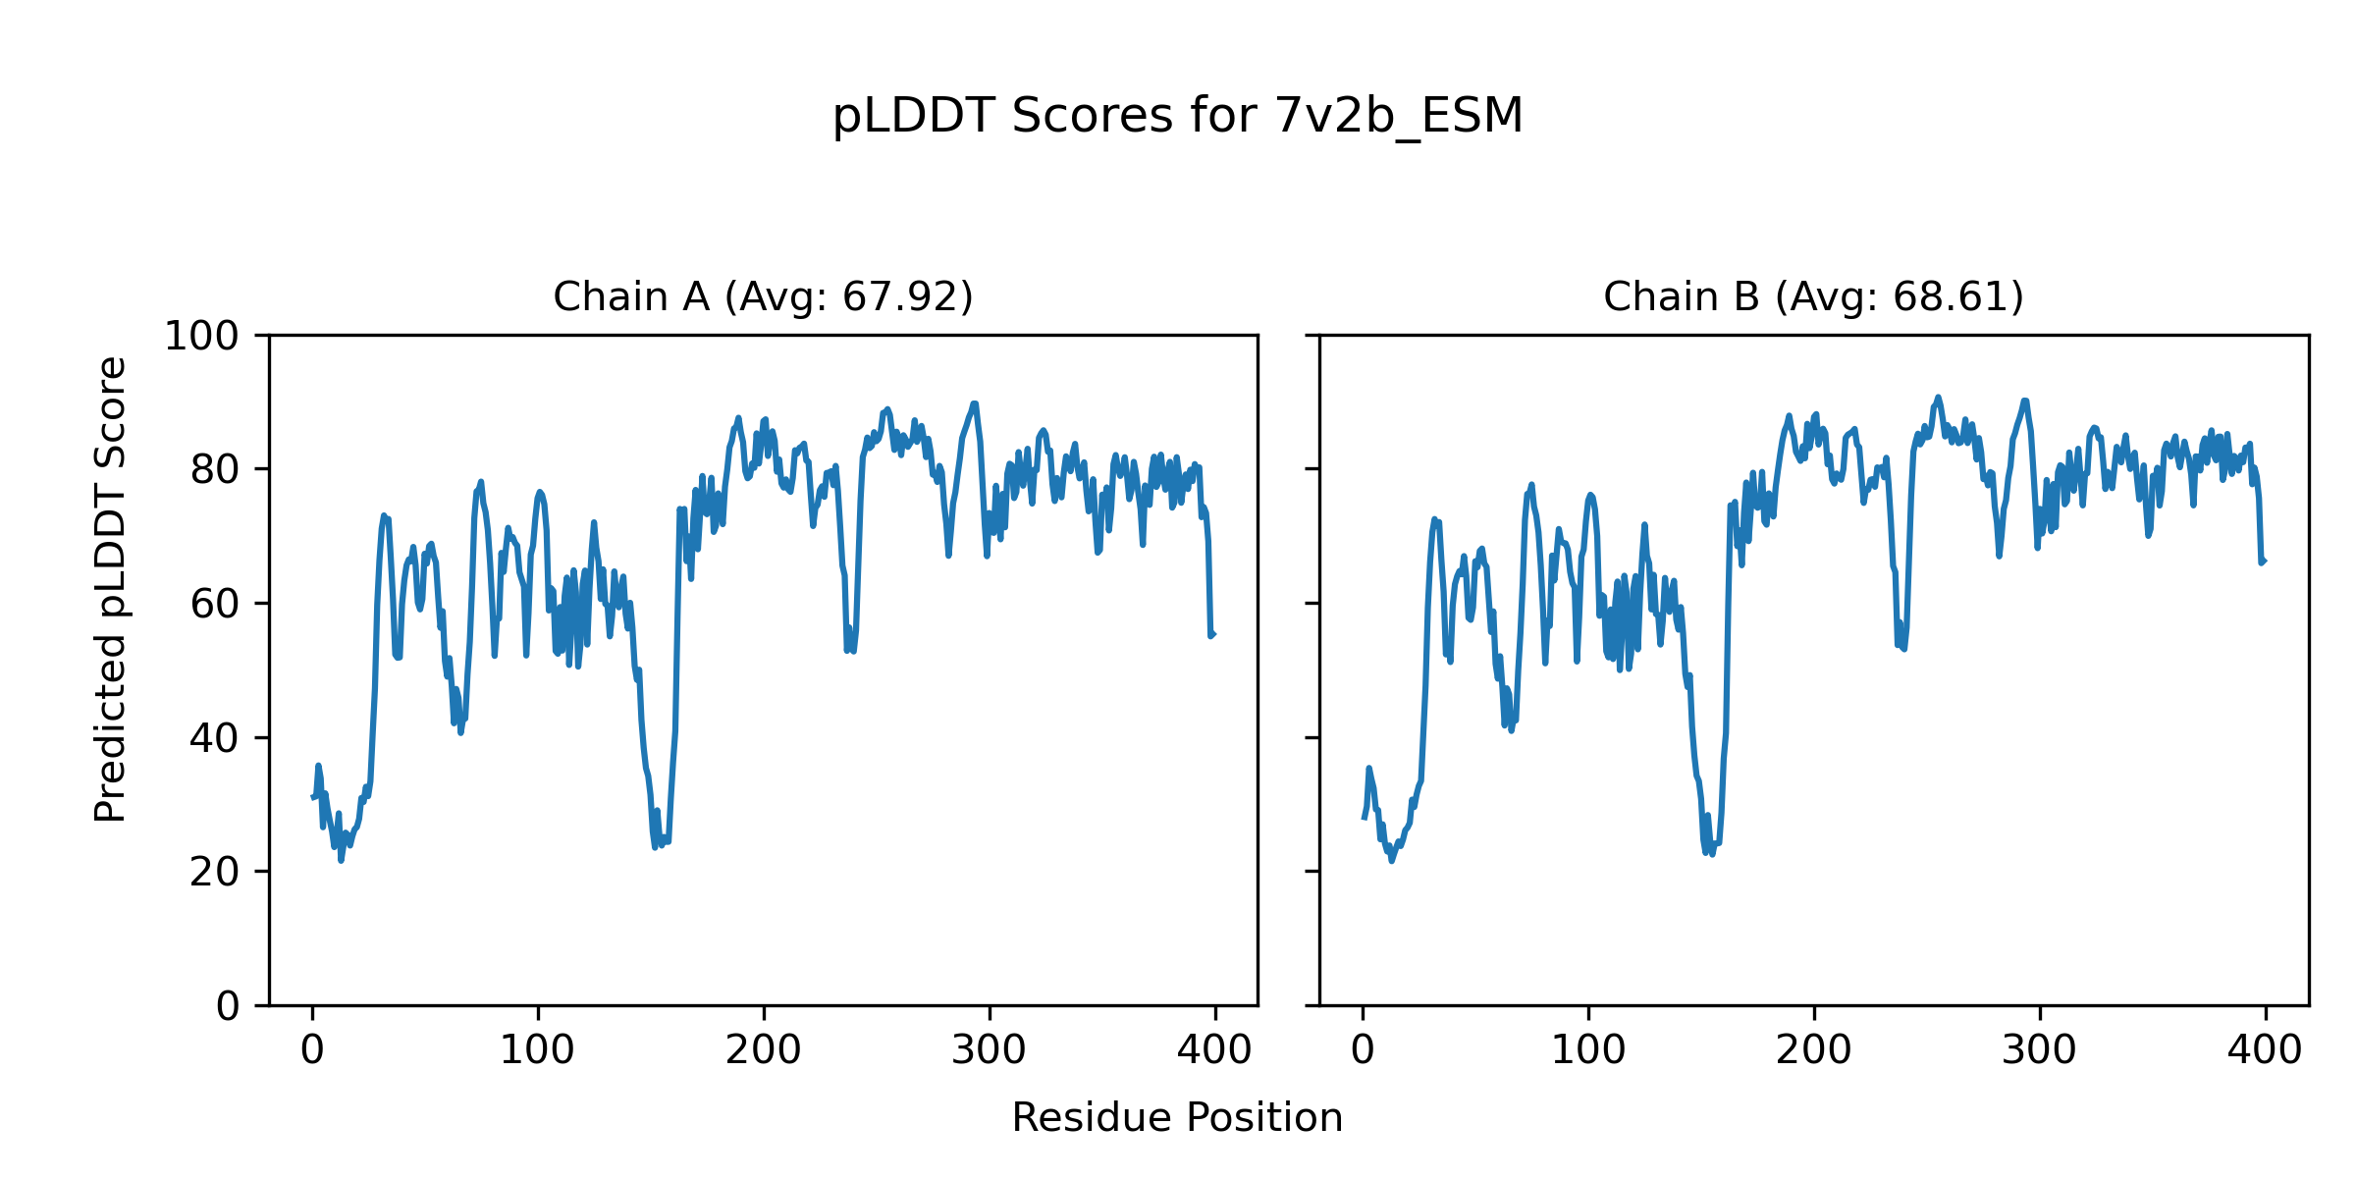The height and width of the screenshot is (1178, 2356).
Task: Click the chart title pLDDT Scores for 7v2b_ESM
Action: click(1177, 116)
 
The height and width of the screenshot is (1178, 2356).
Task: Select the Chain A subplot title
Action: click(763, 296)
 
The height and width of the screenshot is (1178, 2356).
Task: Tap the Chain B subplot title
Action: click(1813, 296)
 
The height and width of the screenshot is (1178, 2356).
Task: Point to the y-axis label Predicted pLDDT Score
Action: click(111, 589)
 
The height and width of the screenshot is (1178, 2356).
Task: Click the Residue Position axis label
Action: click(1177, 1118)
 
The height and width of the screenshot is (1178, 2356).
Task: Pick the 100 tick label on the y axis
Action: click(201, 337)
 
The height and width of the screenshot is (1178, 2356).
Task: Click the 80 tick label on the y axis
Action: click(215, 470)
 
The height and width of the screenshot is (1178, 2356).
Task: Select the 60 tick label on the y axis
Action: click(215, 604)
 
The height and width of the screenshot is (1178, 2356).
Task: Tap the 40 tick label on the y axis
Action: click(215, 738)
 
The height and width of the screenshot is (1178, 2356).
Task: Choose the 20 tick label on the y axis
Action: click(215, 872)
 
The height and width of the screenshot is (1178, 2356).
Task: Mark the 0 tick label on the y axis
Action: click(228, 1006)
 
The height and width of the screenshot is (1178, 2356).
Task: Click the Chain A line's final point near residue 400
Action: click(1213, 634)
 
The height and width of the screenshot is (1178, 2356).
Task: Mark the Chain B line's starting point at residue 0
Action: click(1364, 818)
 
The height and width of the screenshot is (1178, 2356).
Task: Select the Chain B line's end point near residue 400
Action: click(2265, 562)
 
